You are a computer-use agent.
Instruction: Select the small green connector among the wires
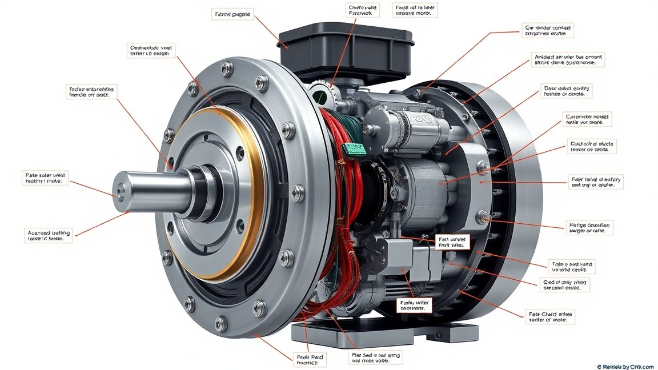[355, 148]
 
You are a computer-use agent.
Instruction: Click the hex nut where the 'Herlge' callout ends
[483, 216]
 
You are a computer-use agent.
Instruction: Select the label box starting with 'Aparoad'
[49, 236]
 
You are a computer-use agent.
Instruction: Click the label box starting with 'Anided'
[568, 60]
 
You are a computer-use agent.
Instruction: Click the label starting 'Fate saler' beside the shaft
[46, 177]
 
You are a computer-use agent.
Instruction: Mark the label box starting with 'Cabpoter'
[588, 119]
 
